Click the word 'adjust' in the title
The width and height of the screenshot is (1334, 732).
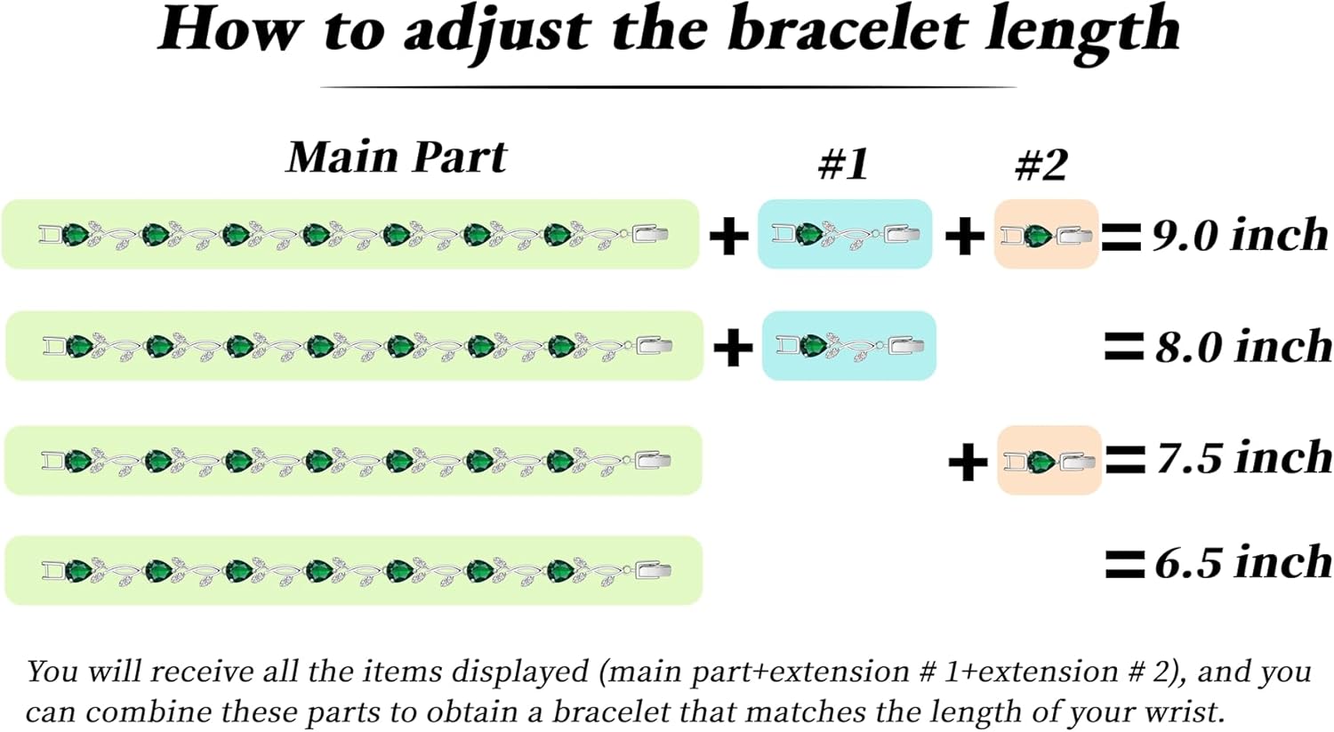point(496,30)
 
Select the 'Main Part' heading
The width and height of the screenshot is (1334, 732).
point(396,157)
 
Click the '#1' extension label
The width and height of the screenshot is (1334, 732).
point(843,164)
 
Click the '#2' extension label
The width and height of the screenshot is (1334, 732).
point(1041,164)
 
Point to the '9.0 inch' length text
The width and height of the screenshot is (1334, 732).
point(1240,235)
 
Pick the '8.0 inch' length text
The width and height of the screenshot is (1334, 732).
point(1243,346)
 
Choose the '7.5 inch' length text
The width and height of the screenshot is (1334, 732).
point(1244,458)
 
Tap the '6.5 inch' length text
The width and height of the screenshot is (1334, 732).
point(1243,562)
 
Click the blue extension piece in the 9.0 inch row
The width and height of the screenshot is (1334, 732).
point(844,235)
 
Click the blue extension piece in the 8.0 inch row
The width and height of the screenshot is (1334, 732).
point(848,346)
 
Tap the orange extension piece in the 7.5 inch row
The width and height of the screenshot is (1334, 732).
point(1049,461)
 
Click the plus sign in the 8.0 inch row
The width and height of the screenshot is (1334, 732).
point(733,347)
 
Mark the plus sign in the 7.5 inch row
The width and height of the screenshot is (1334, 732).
point(968,463)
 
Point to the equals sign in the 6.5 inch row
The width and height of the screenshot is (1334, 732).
point(1124,563)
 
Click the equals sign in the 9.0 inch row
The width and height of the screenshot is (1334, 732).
point(1121,237)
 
